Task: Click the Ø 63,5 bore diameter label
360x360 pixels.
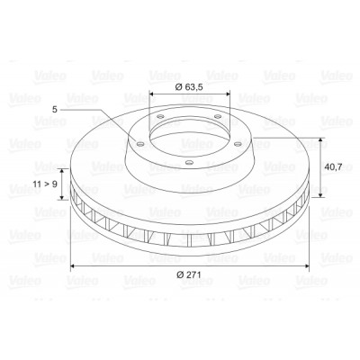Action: point(189,87)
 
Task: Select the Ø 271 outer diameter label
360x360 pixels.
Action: point(189,274)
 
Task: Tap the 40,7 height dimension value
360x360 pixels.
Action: point(333,166)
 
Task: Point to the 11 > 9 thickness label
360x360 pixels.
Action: point(45,184)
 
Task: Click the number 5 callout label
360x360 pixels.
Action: point(54,110)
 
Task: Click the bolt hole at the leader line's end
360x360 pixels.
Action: point(139,144)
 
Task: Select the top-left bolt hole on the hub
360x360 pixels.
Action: point(160,117)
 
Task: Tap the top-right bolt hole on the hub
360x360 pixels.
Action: point(218,116)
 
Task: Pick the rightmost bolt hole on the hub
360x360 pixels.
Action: point(238,144)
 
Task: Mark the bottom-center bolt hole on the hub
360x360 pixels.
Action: point(189,163)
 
